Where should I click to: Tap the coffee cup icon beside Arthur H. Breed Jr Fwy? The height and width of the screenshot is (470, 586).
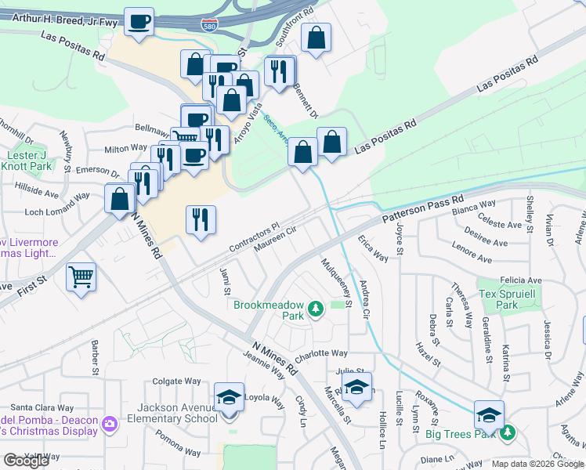(x=139, y=22)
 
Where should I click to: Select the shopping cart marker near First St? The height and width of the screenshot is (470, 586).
(x=81, y=277)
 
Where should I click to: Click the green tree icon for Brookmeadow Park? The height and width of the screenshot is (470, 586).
(x=316, y=309)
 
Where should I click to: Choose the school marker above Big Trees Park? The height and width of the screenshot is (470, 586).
(x=489, y=414)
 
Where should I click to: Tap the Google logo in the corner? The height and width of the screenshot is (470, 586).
(x=26, y=461)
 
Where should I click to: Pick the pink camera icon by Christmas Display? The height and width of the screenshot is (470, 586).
(x=110, y=424)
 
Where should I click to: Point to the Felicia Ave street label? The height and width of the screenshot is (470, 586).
(x=523, y=280)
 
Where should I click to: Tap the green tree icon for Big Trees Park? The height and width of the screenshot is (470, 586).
(x=508, y=432)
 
